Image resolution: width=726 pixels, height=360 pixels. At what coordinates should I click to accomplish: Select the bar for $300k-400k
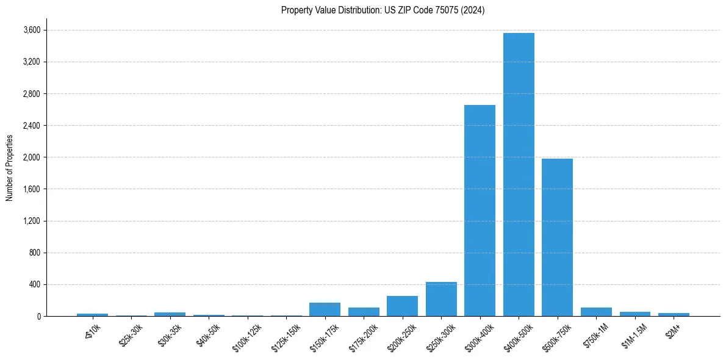480,211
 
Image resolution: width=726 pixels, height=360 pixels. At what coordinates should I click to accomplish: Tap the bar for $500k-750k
557,237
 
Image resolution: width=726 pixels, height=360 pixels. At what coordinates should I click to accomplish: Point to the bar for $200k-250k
403,306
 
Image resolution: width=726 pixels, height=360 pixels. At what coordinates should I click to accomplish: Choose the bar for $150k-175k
325,309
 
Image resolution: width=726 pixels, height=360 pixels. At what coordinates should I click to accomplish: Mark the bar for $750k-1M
596,312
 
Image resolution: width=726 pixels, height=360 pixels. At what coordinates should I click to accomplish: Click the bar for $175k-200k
364,312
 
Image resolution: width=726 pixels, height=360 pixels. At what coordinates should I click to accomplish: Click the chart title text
383,10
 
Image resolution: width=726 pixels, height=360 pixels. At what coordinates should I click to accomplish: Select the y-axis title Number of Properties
10,168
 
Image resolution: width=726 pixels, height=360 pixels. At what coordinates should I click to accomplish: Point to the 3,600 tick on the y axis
32,30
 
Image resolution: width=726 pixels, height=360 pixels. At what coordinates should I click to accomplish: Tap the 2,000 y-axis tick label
32,157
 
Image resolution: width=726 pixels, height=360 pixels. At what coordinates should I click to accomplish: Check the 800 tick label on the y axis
35,253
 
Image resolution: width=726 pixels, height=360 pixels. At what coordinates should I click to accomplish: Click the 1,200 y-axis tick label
32,221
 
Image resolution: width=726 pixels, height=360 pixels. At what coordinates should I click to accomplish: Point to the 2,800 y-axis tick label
32,94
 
